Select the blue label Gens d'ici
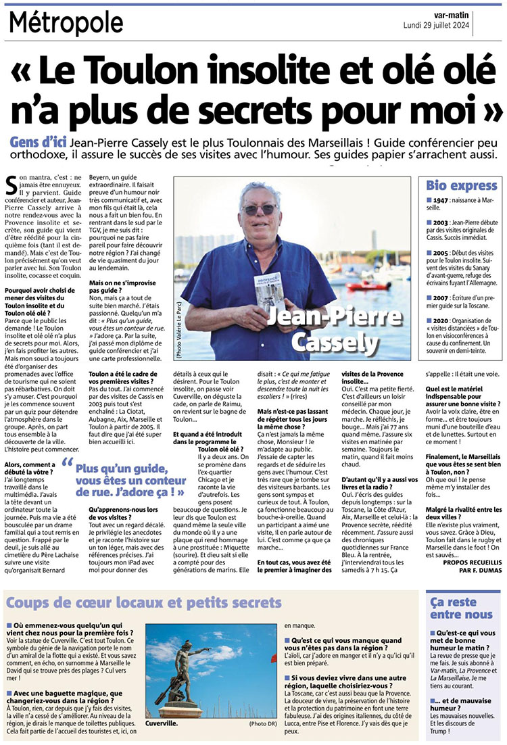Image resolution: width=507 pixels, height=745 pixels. point(39,143)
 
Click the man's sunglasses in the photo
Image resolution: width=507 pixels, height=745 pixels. point(260,210)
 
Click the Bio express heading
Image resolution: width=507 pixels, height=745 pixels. point(459,185)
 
